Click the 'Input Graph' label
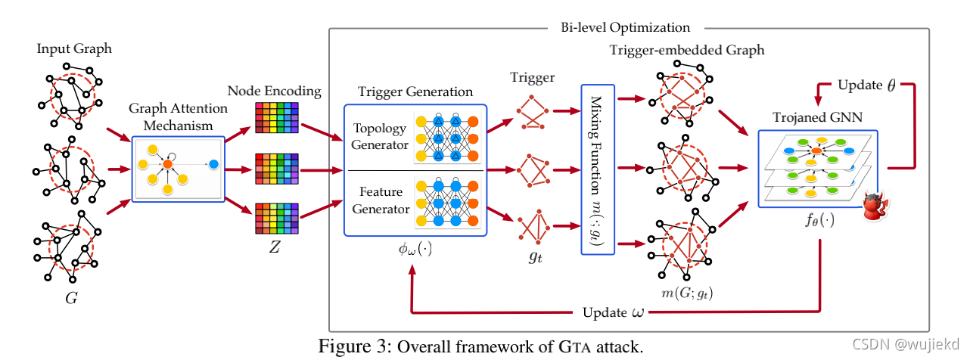74,49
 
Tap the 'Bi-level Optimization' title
625,28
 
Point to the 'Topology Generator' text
381,136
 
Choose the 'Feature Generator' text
381,201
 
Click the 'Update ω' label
616,312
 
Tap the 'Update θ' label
864,85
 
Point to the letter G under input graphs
71,297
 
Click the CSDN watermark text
906,345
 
